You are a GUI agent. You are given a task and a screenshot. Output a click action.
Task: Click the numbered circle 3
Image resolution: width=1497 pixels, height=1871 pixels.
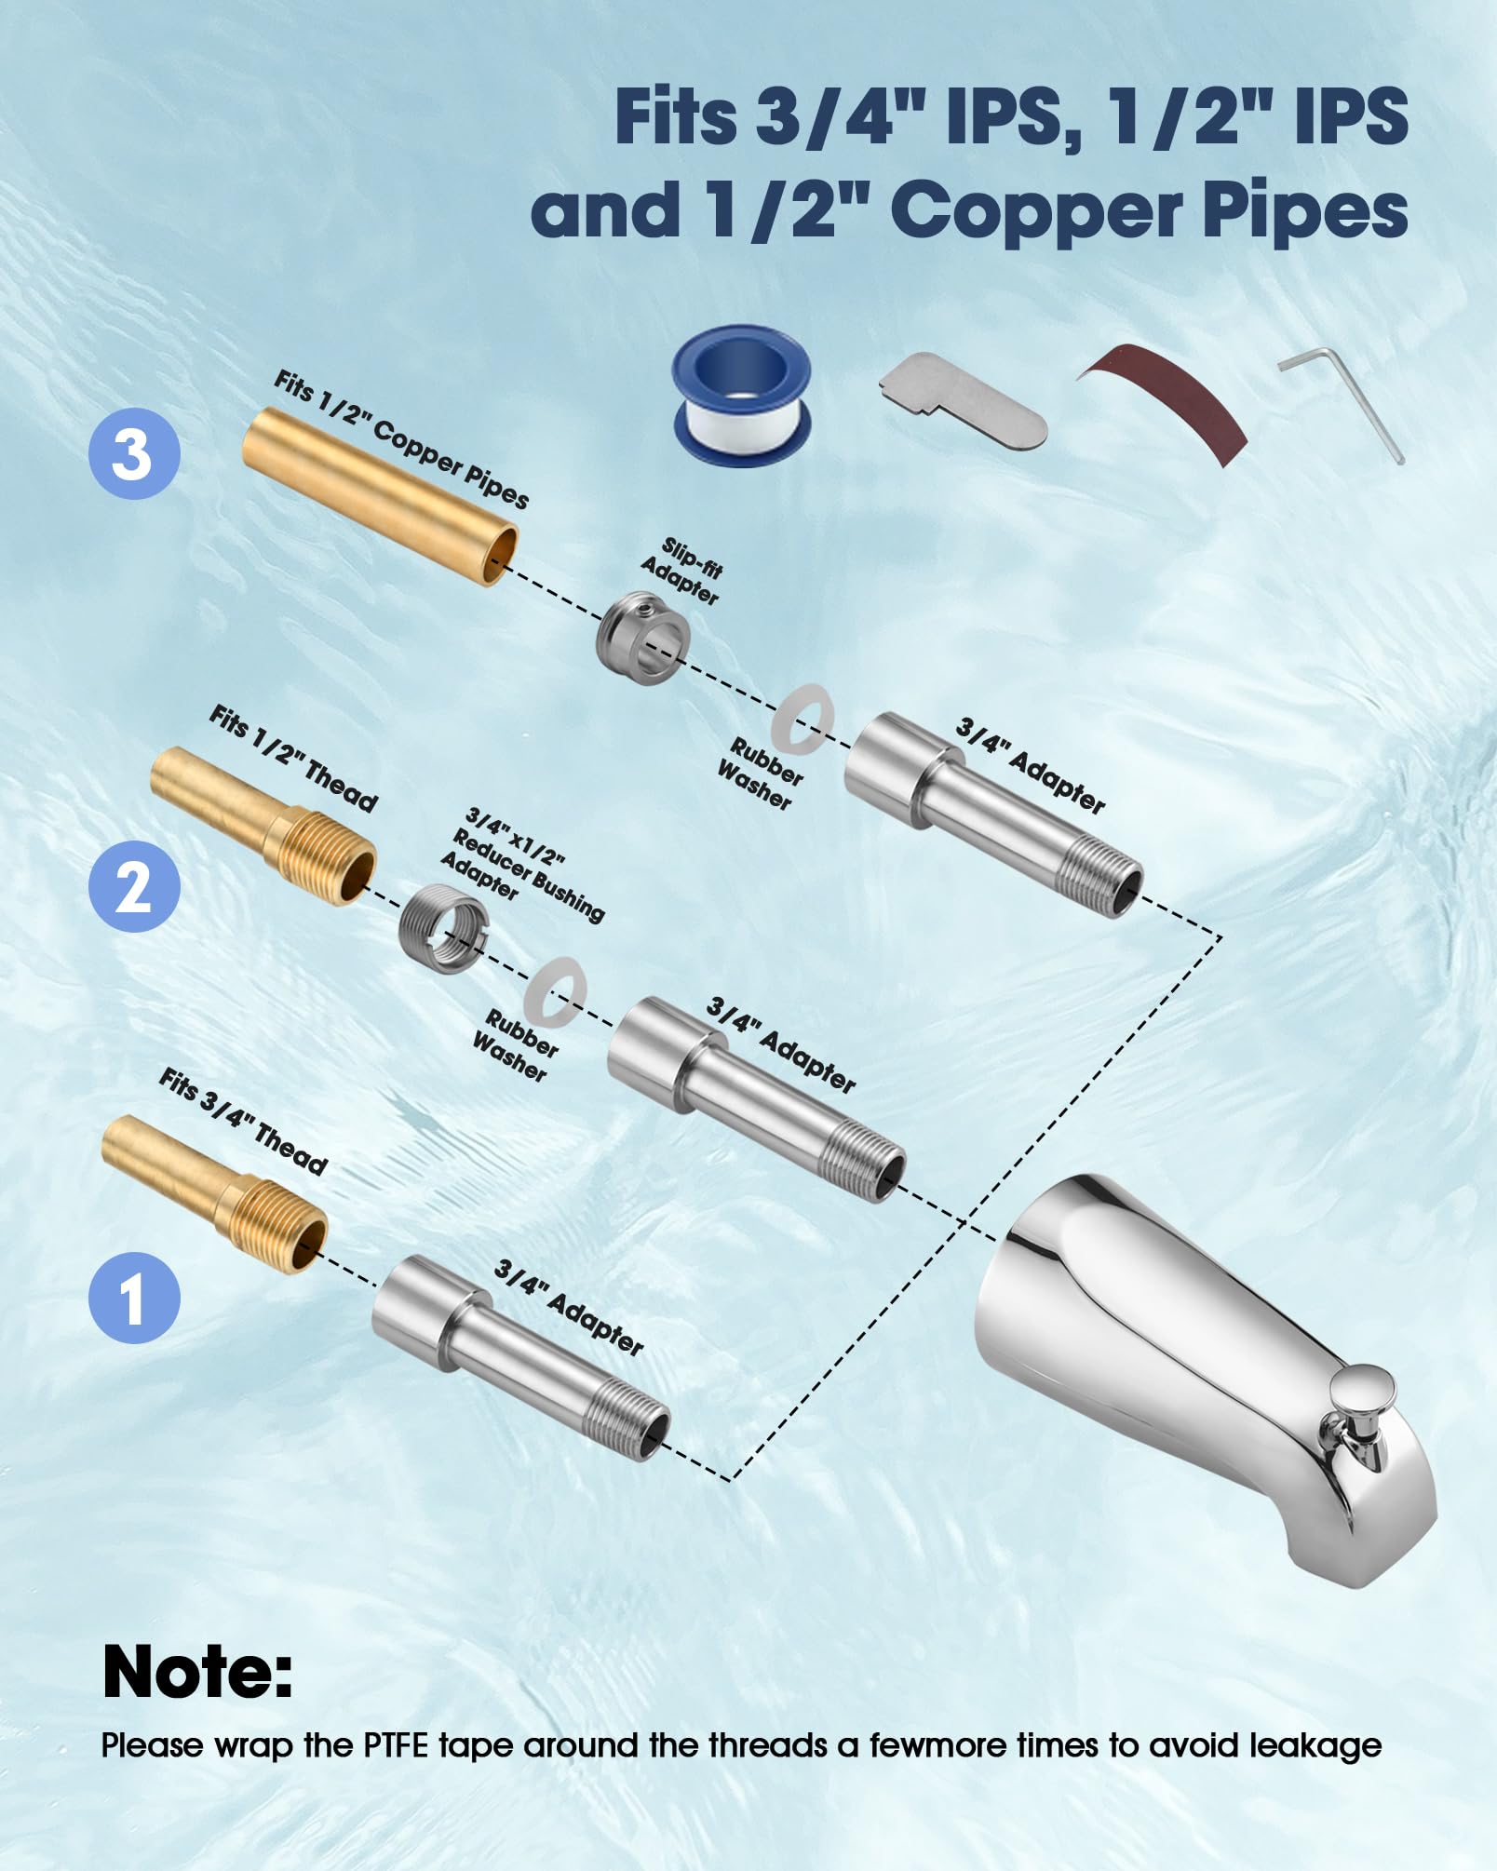(134, 454)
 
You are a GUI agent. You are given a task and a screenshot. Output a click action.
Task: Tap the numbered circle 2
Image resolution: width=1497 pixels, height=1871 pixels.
(134, 886)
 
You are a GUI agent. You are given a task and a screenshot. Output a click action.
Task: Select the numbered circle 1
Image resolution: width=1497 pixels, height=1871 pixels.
(134, 1298)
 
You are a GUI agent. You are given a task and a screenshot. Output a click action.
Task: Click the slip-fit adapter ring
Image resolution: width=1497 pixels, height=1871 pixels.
(643, 639)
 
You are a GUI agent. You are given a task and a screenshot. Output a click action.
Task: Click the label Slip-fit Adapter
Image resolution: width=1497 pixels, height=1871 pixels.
(681, 571)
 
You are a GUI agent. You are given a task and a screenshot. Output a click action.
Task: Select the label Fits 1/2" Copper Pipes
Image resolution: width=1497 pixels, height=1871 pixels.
(401, 438)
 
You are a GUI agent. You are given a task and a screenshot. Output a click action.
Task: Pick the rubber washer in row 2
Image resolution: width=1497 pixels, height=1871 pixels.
(554, 990)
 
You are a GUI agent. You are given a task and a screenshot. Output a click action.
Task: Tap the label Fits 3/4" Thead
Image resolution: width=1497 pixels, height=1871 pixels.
(243, 1122)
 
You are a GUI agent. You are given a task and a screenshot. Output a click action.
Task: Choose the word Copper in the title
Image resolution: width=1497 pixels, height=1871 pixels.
(1036, 209)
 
